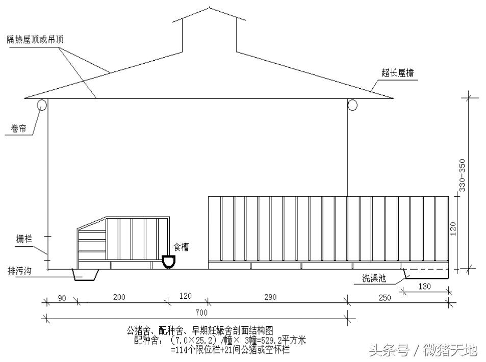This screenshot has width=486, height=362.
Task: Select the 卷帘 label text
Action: (18, 129)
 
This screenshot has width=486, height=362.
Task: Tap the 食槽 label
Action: (180, 247)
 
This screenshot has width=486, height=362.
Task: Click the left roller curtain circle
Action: (41, 105)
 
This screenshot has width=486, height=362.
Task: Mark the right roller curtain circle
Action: (352, 105)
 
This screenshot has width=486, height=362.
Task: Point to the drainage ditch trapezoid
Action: (85, 275)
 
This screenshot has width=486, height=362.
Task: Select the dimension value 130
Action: (425, 287)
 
